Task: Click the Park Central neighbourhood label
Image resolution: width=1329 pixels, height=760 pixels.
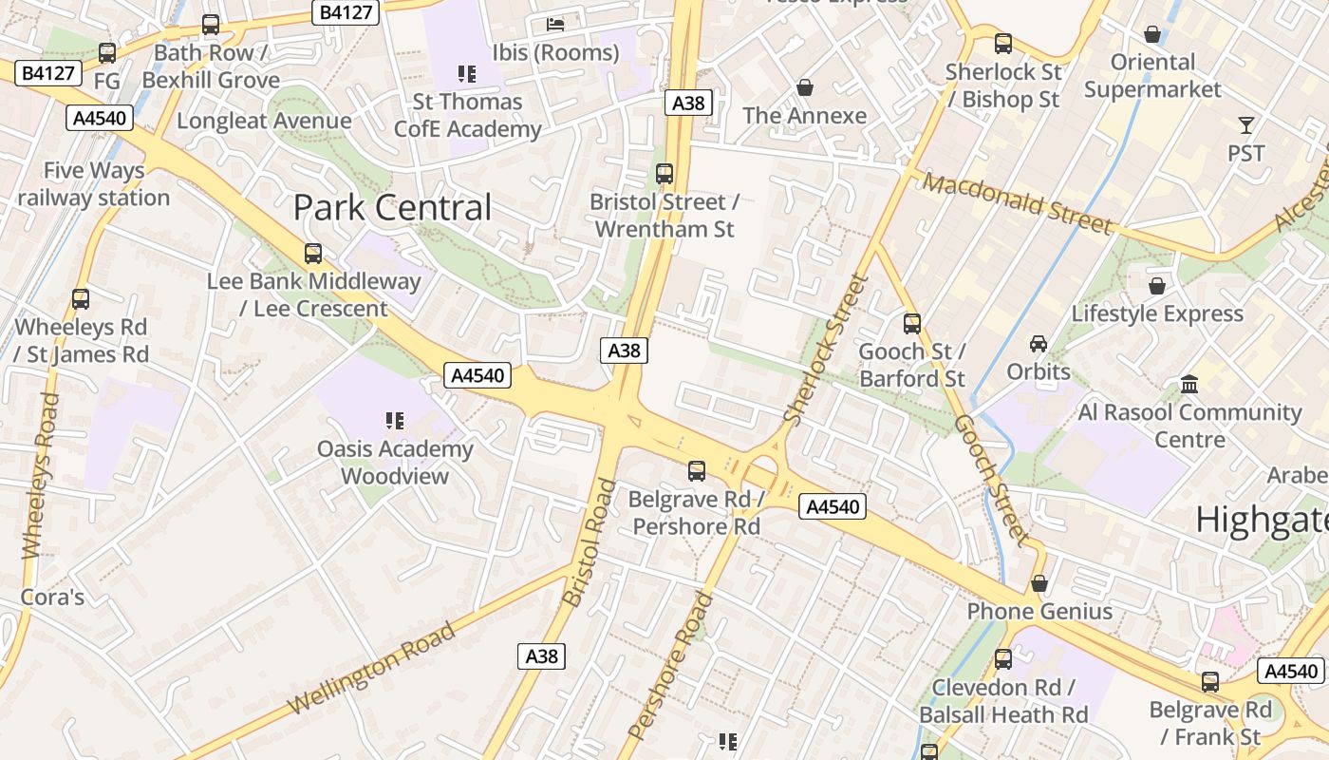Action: click(x=392, y=207)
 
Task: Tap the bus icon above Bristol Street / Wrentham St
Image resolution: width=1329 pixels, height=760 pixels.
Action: click(x=664, y=174)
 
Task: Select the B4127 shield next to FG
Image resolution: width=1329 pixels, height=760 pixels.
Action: click(x=48, y=72)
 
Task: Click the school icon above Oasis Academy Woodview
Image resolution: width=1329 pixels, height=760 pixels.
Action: click(x=395, y=420)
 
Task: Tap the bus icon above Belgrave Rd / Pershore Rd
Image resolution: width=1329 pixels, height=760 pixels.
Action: click(x=697, y=470)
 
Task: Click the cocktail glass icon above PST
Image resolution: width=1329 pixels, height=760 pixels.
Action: click(x=1245, y=124)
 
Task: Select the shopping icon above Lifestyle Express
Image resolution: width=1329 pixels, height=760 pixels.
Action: click(x=1157, y=285)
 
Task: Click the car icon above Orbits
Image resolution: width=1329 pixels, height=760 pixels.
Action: click(x=1039, y=343)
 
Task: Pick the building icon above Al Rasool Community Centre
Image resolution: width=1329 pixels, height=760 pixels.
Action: click(x=1189, y=385)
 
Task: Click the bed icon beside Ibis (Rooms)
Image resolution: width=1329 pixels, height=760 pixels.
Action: click(x=555, y=24)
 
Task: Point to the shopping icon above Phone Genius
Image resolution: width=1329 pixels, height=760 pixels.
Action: click(x=1039, y=582)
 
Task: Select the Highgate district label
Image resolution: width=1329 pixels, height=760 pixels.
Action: click(x=1261, y=520)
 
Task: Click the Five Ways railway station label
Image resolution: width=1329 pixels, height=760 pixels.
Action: click(x=93, y=184)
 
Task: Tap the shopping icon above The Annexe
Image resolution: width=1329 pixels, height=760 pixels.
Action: click(x=805, y=87)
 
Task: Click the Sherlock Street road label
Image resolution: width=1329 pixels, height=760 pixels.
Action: click(x=826, y=349)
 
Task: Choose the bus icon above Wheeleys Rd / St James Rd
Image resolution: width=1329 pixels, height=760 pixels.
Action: click(x=81, y=299)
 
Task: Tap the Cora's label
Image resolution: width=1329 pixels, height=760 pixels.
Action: click(x=52, y=598)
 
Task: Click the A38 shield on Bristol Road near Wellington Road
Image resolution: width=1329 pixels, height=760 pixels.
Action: click(x=541, y=655)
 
